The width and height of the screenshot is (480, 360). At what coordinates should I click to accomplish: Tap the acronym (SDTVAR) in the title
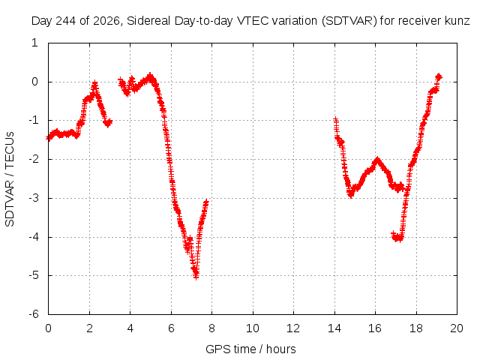[x=349, y=21]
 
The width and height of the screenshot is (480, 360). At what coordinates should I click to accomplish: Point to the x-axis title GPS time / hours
[x=250, y=349]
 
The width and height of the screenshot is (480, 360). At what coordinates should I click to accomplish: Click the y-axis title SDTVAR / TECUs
[x=10, y=179]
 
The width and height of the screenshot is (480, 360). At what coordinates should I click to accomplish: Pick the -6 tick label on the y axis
[x=34, y=314]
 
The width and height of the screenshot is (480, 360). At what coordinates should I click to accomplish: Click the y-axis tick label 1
[x=34, y=43]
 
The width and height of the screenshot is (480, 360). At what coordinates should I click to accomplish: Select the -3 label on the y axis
[x=34, y=198]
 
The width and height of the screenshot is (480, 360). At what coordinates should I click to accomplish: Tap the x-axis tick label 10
[x=253, y=328]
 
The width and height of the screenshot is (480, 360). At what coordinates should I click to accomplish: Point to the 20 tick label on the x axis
[x=457, y=328]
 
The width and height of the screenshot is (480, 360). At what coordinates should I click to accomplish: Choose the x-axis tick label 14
[x=334, y=328]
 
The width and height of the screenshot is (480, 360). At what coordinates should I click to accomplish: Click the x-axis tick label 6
[x=171, y=328]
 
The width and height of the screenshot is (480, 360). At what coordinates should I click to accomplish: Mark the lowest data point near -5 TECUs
[x=196, y=277]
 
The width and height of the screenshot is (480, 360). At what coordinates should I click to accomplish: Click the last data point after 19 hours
[x=439, y=76]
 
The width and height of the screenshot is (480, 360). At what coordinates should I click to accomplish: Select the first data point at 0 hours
[x=48, y=138]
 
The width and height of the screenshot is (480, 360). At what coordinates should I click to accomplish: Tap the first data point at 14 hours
[x=336, y=119]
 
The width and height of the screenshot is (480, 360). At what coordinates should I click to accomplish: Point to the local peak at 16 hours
[x=377, y=160]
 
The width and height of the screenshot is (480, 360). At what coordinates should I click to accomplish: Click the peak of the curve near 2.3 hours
[x=95, y=82]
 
